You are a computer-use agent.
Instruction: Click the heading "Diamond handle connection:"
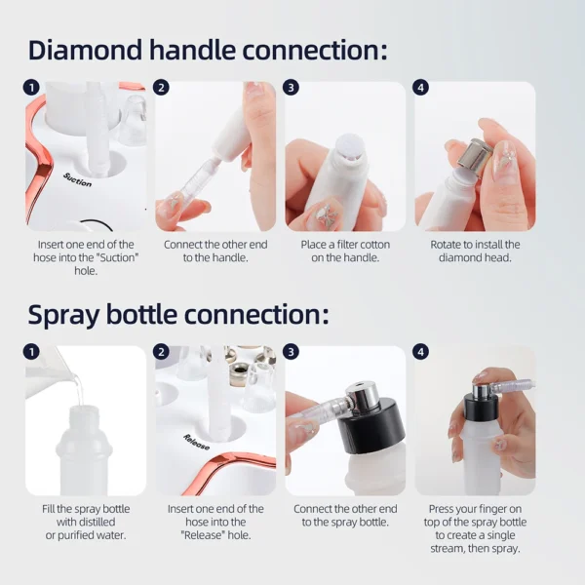point(208,50)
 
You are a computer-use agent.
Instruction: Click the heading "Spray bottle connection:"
point(178,315)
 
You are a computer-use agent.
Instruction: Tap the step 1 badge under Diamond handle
point(32,88)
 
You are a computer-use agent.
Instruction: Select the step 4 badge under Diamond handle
point(421,88)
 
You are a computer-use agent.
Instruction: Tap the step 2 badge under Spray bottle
point(162,352)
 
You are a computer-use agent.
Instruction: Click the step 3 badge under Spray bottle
point(292,352)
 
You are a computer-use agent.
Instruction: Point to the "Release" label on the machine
point(196,442)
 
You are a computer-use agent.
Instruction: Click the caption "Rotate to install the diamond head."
point(475,251)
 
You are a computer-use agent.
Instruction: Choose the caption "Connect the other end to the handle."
point(214,251)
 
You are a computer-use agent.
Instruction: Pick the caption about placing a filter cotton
point(345,251)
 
